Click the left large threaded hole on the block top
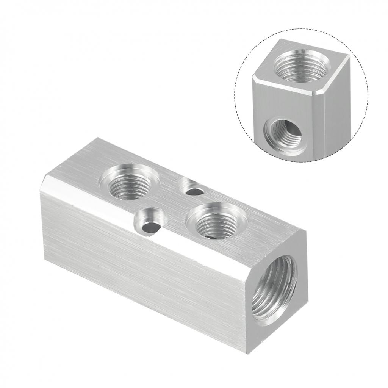tap(128, 185)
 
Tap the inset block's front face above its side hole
tap(288, 102)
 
